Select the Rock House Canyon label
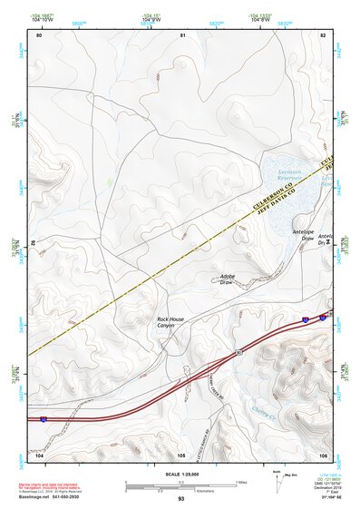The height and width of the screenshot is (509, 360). click(x=171, y=322)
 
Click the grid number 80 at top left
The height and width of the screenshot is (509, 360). click(x=39, y=34)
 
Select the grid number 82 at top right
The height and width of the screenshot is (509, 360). click(x=323, y=34)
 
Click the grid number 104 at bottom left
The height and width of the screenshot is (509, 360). click(x=39, y=454)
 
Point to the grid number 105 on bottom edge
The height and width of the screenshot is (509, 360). click(x=181, y=454)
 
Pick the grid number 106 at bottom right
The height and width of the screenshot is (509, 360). click(x=323, y=454)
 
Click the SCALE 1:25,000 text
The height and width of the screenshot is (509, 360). click(x=181, y=473)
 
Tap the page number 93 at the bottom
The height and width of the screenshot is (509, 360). click(x=181, y=498)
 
